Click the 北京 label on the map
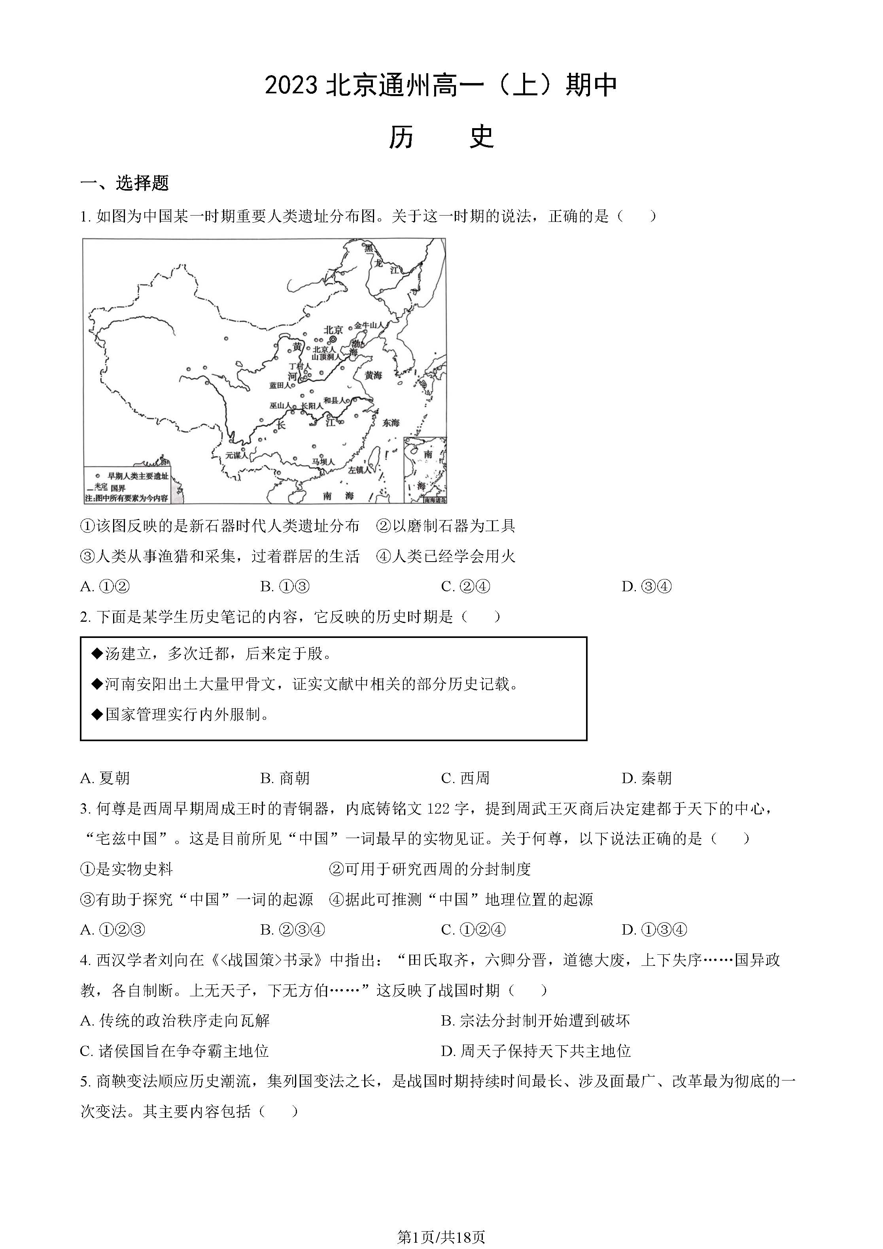333,330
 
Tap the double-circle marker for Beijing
333,339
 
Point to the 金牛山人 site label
369,325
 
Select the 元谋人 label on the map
236,455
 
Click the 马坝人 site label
323,462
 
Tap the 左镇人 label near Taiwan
359,469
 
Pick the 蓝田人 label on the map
280,385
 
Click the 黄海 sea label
373,375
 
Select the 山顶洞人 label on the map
326,357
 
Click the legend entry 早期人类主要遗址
138,476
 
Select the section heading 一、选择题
125,183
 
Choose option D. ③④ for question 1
647,587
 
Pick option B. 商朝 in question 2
285,778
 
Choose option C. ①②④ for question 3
473,930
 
